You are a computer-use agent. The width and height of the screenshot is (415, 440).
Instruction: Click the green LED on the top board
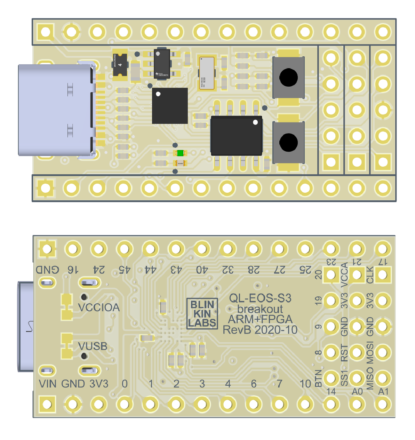(x=180, y=153)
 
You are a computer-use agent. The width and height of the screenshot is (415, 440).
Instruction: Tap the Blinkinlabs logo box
(x=202, y=313)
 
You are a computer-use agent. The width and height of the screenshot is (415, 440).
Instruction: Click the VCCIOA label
(x=99, y=307)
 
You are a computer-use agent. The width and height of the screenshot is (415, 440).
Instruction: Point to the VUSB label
(x=93, y=346)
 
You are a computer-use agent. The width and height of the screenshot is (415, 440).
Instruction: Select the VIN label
(x=48, y=384)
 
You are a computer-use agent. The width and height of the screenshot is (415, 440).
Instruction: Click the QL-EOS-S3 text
(x=260, y=298)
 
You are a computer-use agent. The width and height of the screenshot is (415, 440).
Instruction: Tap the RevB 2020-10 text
(x=260, y=329)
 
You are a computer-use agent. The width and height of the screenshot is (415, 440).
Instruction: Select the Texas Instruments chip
(x=162, y=64)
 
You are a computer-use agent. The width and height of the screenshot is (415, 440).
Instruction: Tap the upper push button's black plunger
(x=288, y=78)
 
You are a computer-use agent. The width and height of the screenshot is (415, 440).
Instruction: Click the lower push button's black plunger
(x=288, y=142)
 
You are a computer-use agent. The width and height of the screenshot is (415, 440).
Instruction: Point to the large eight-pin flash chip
(x=236, y=136)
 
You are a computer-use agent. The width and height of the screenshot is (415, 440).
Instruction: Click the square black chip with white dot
(x=170, y=106)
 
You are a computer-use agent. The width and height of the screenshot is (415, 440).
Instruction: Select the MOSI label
(x=370, y=352)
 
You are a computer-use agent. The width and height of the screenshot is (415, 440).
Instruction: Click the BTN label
(x=318, y=378)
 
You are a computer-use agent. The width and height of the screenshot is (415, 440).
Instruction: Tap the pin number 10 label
(x=305, y=384)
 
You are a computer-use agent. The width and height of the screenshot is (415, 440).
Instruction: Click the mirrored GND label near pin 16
(x=48, y=270)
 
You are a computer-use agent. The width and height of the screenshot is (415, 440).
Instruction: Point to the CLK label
(x=370, y=275)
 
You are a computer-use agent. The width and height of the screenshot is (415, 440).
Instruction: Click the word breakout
(x=260, y=309)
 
